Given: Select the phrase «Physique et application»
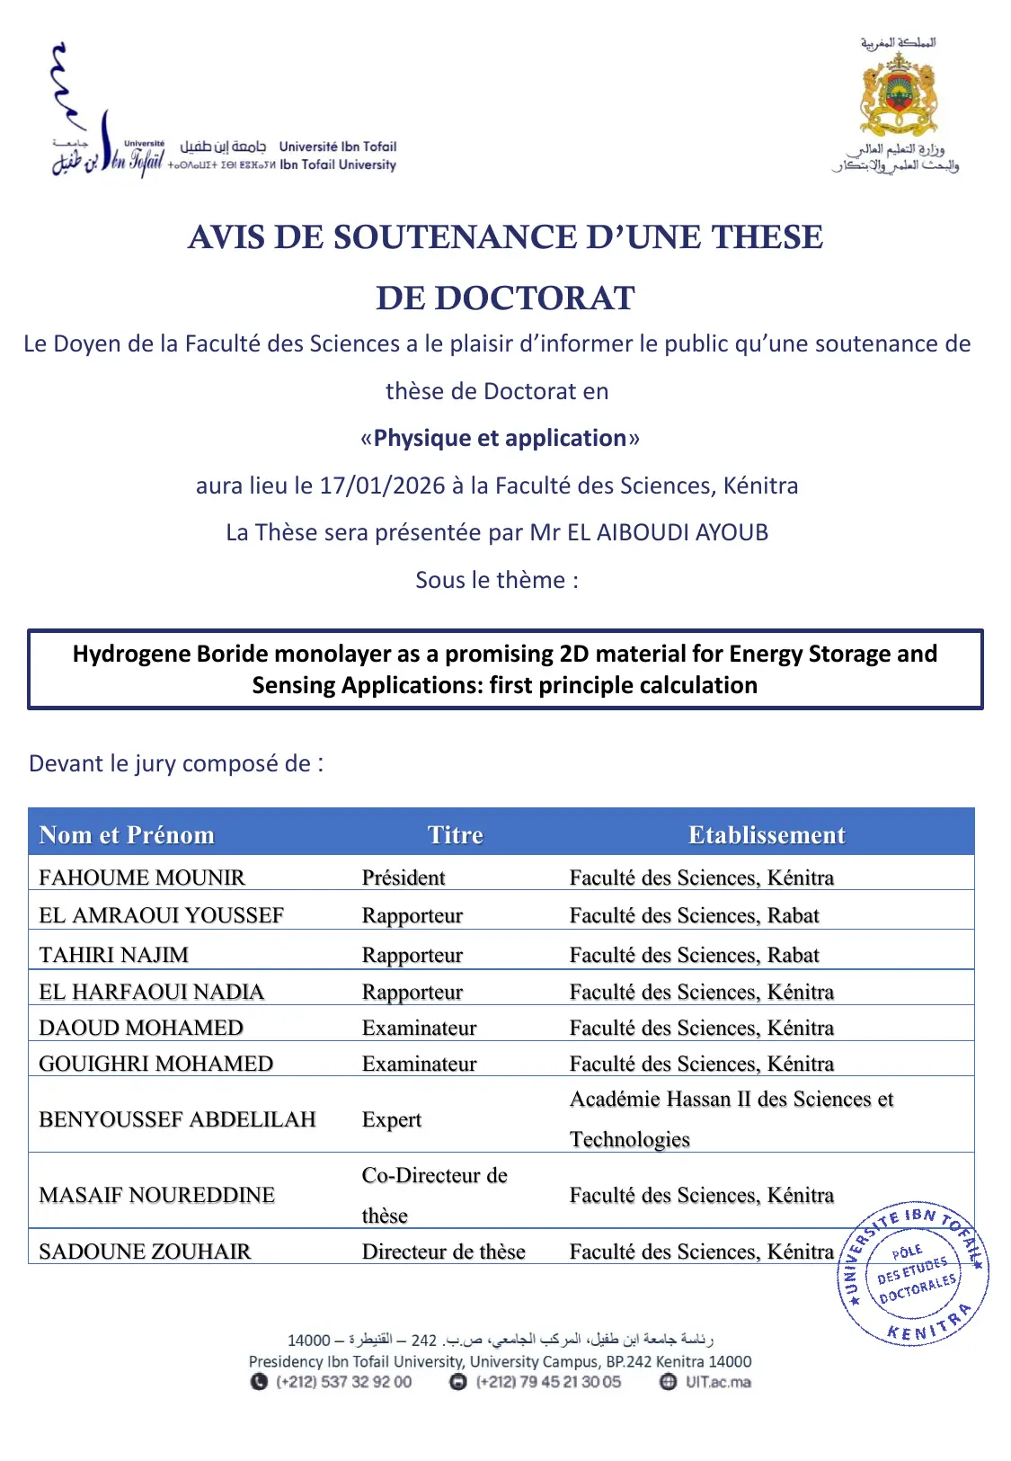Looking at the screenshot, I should (500, 438).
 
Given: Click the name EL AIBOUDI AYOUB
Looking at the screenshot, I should (667, 532).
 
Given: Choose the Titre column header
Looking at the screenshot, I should (455, 834).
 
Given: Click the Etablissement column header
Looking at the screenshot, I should (767, 834).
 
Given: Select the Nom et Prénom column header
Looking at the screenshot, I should (127, 834).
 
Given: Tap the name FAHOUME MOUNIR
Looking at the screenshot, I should (142, 877).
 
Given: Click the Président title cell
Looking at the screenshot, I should (404, 877).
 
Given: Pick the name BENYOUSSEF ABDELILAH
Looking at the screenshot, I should (177, 1118).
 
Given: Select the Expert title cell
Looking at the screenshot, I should (391, 1118).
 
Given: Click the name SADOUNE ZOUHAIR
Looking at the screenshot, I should (145, 1251).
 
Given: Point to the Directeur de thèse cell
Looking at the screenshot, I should (443, 1251).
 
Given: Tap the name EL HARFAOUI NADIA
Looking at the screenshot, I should (151, 991).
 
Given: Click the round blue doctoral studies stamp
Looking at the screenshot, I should (913, 1272).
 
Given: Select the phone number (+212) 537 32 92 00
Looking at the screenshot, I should (343, 1382).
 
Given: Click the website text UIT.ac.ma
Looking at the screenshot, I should (718, 1382).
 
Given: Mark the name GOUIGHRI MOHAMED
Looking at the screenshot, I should (155, 1063).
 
